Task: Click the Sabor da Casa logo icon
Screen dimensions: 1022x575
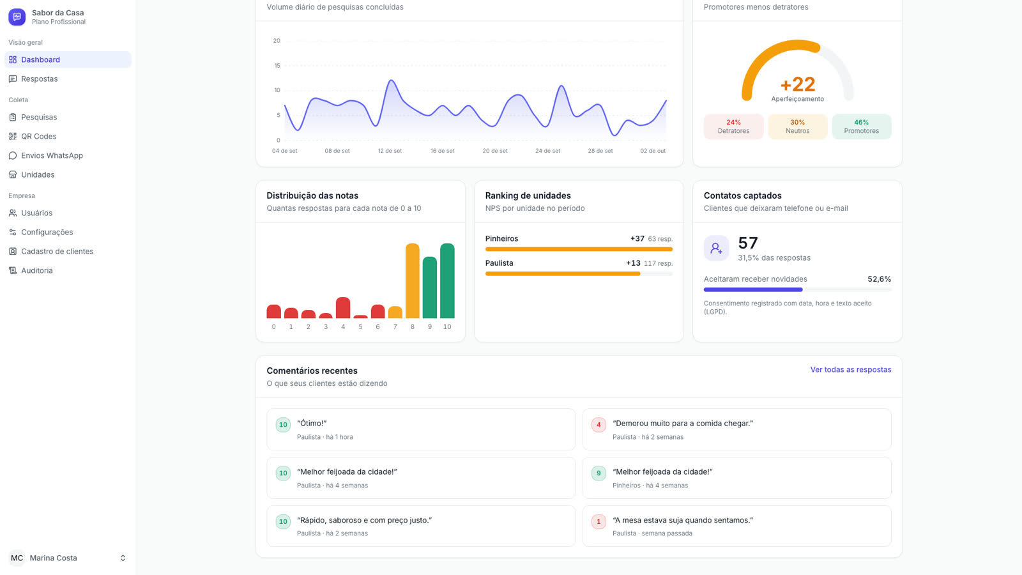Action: tap(17, 17)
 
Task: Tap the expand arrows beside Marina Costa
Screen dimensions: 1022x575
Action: tap(123, 558)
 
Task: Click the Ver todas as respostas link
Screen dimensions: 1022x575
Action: tap(850, 370)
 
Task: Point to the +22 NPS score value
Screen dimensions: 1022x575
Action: tap(798, 84)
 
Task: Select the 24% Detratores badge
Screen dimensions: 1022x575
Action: tap(733, 126)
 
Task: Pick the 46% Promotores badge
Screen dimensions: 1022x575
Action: tap(862, 126)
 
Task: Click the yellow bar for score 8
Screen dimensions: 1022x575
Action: tap(413, 280)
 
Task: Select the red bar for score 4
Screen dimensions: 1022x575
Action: tap(343, 307)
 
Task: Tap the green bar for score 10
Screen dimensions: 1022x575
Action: tap(447, 280)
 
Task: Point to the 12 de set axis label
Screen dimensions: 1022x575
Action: tap(390, 151)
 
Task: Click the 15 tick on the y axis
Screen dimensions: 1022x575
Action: tap(277, 66)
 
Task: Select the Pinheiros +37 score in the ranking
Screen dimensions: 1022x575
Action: tap(637, 239)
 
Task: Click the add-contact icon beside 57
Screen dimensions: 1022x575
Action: tap(716, 249)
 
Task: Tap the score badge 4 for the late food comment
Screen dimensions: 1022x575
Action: tap(599, 425)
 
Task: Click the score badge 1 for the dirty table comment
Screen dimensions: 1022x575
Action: tap(599, 521)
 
